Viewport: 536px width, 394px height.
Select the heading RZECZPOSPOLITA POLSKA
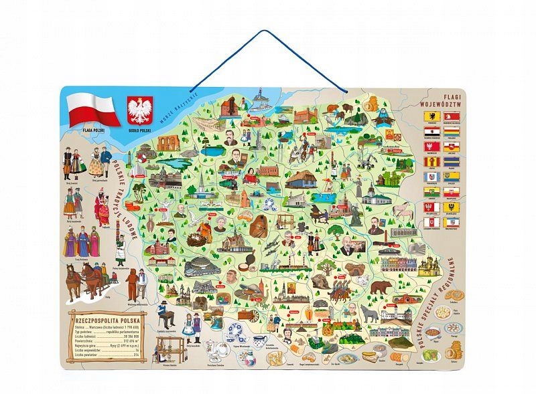click(x=102, y=320)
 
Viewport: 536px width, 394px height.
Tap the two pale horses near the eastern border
click(x=404, y=211)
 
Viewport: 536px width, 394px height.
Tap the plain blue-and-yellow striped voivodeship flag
click(x=452, y=177)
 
